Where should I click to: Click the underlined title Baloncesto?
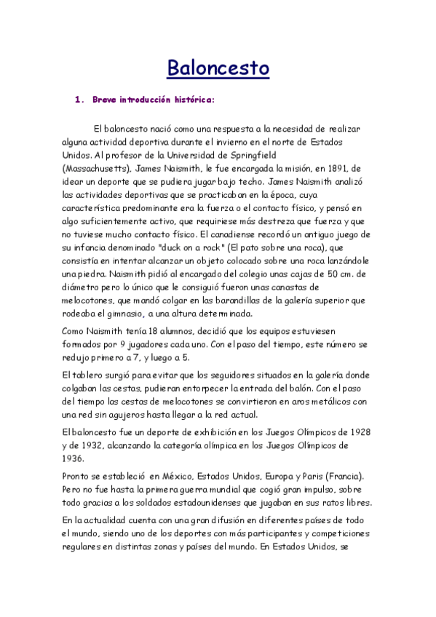click(x=218, y=68)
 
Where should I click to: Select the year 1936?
click(x=74, y=458)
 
